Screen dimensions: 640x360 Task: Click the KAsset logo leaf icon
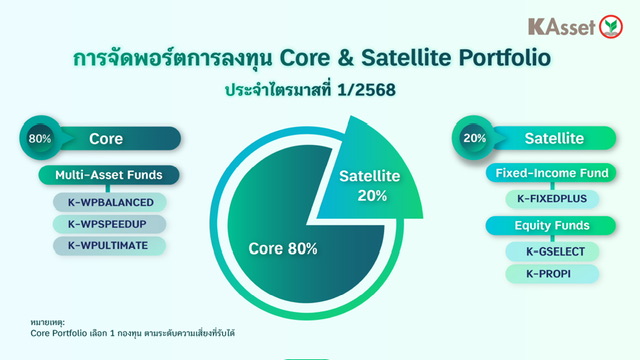tap(611, 27)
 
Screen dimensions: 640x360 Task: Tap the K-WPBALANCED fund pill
tap(110, 202)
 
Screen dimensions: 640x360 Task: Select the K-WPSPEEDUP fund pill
tap(110, 224)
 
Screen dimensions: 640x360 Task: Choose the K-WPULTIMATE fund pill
tap(110, 246)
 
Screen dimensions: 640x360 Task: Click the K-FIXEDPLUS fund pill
tap(552, 199)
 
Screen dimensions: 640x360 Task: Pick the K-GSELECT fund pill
tap(552, 252)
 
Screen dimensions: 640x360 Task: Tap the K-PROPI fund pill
tap(552, 274)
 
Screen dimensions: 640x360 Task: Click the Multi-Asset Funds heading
tap(109, 175)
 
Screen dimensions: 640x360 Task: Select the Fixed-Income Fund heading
tap(551, 173)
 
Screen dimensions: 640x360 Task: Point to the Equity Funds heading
tap(551, 225)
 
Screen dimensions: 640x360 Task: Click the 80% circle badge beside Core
tap(40, 138)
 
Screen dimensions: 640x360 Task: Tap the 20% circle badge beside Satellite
tap(474, 138)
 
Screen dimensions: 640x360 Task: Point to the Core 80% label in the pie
tap(283, 249)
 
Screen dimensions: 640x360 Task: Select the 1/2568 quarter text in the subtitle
tap(366, 90)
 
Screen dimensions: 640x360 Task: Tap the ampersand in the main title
tap(345, 58)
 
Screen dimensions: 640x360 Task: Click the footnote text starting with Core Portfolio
tap(132, 333)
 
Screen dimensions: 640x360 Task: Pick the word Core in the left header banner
tap(106, 139)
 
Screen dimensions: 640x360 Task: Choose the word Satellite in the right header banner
tap(554, 138)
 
